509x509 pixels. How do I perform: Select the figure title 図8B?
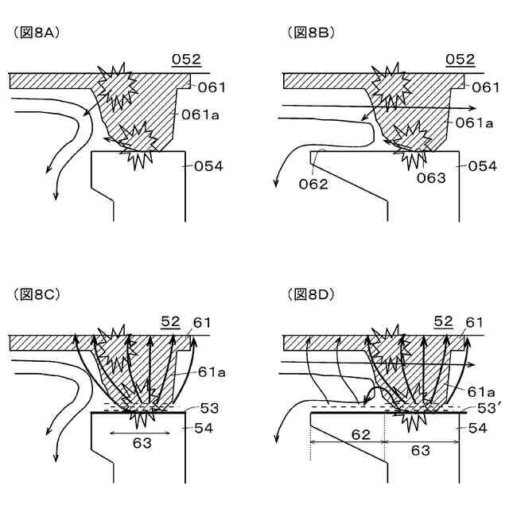point(311,33)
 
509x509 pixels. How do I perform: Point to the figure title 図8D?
point(311,294)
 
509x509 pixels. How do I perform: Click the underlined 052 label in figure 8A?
point(185,60)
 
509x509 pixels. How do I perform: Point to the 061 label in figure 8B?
point(482,87)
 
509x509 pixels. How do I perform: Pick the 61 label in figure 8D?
point(475,321)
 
